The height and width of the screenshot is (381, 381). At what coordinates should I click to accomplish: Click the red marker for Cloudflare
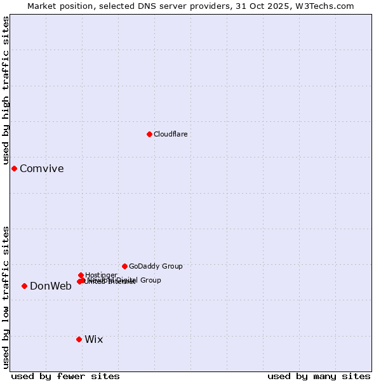click(149, 134)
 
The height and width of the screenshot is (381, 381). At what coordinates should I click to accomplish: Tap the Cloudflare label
click(171, 134)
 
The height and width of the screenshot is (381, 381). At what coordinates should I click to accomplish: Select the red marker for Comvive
click(14, 168)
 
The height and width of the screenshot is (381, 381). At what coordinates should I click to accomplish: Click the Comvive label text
click(42, 168)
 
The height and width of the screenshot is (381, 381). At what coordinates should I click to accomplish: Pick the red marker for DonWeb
click(24, 286)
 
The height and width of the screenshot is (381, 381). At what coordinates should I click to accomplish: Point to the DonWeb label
click(51, 286)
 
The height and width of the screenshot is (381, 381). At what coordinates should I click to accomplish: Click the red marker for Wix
click(79, 339)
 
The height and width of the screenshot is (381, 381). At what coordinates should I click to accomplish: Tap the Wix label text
click(94, 339)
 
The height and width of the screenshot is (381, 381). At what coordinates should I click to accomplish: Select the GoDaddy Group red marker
click(124, 266)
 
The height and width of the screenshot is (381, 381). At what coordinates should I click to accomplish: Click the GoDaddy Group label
click(156, 266)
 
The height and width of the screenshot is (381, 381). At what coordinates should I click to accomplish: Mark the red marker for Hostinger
click(81, 275)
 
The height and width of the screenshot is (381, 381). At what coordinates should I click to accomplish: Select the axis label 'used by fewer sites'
click(65, 376)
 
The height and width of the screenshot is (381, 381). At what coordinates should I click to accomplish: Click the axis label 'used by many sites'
click(319, 376)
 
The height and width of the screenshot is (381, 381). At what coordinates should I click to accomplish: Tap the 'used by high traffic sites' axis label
click(6, 90)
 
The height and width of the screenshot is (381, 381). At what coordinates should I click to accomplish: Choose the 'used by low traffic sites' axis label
click(6, 297)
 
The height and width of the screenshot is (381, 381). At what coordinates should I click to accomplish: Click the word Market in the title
click(43, 6)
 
